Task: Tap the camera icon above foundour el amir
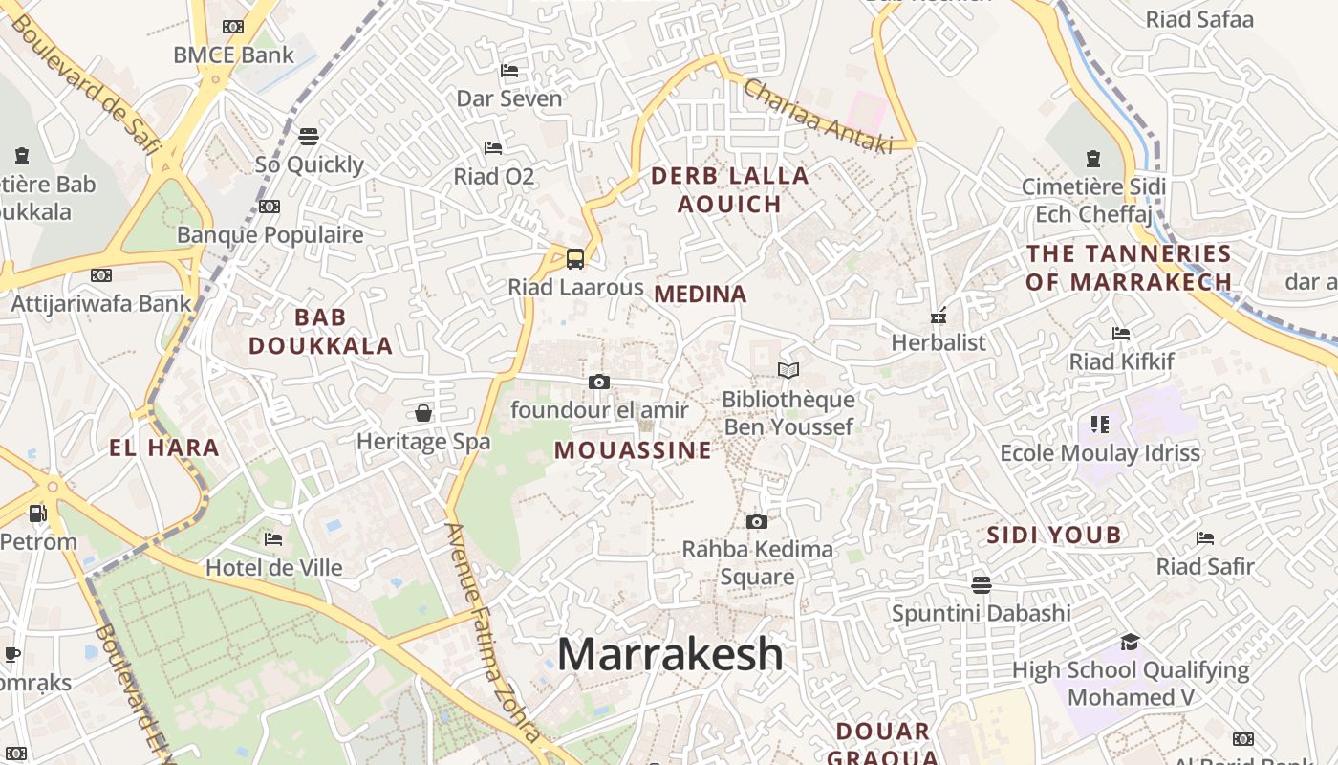(599, 382)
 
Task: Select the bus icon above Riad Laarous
(575, 258)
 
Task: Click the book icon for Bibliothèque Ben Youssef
(788, 370)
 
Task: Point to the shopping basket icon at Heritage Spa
(423, 413)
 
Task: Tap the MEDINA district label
(701, 295)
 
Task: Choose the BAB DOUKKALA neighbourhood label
(321, 331)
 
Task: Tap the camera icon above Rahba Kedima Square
(757, 521)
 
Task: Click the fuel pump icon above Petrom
(37, 514)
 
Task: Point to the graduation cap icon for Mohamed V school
(1131, 642)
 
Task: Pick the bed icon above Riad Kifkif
(1121, 334)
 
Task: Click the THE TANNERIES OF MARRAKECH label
(1129, 268)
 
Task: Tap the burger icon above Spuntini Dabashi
(981, 583)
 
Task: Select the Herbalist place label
(939, 342)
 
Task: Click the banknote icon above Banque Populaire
(270, 207)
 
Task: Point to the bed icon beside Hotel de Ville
(273, 539)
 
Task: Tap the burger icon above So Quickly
(309, 136)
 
